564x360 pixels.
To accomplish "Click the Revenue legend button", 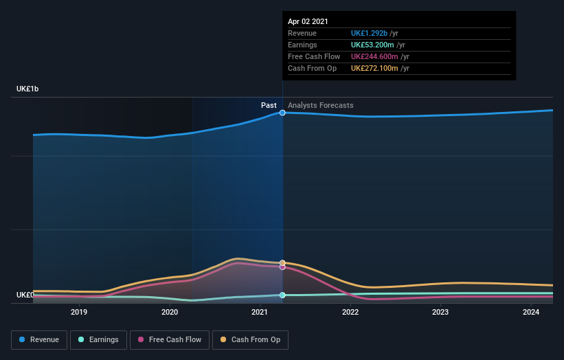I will (39, 339).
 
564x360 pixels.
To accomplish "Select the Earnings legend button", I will (98, 339).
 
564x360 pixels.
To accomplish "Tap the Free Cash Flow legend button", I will (170, 339).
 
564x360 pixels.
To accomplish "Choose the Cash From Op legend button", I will (251, 339).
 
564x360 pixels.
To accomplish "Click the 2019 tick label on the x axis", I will (80, 312).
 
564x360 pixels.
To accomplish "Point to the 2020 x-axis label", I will (170, 312).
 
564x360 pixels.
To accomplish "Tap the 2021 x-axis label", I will (260, 312).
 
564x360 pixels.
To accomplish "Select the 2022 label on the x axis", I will (350, 312).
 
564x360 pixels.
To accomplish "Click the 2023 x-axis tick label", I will (440, 312).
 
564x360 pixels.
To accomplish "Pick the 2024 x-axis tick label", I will (531, 312).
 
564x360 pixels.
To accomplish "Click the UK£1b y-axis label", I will (28, 89).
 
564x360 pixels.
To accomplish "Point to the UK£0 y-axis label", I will (25, 295).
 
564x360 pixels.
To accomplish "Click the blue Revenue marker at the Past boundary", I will (282, 113).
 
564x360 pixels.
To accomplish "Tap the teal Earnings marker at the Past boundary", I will (282, 295).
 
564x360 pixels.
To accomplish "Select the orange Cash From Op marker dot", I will (282, 262).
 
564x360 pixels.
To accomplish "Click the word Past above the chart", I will (269, 105).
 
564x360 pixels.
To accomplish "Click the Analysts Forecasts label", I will (321, 105).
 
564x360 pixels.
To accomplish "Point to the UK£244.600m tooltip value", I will (375, 56).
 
